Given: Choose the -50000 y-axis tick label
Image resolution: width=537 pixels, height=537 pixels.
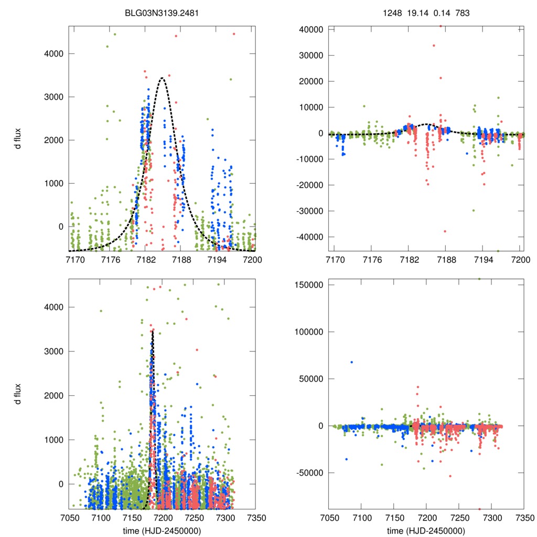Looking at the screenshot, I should tap(310, 472).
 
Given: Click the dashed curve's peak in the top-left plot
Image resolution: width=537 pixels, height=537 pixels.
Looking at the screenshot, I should tap(163, 78).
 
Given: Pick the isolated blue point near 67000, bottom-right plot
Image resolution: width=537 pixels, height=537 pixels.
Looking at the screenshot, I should tap(351, 362).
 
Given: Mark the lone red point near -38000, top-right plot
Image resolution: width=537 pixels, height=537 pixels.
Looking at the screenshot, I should tap(445, 231).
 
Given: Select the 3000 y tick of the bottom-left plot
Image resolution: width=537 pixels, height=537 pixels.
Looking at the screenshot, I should tap(55, 351).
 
